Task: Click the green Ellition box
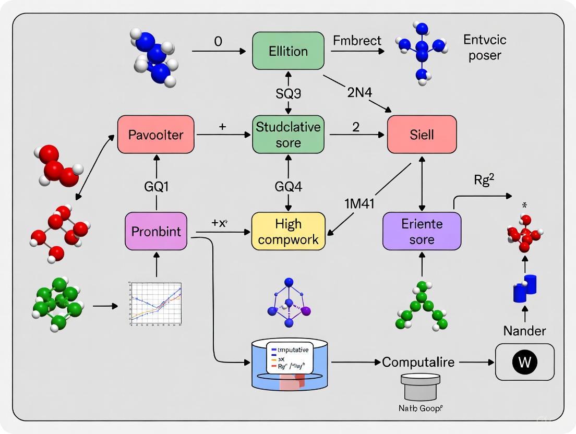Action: (x=287, y=51)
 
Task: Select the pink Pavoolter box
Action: (x=155, y=135)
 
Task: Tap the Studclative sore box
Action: (x=287, y=135)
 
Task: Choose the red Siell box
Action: (x=422, y=135)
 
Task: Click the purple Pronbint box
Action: (x=156, y=231)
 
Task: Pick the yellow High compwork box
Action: (x=287, y=231)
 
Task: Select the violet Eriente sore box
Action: (x=422, y=231)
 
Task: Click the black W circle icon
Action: (x=524, y=362)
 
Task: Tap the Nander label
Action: (x=524, y=330)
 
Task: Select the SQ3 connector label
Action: (x=287, y=93)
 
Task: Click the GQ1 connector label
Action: (x=155, y=186)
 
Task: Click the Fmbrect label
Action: (x=356, y=40)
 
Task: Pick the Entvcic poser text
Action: (x=484, y=47)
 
